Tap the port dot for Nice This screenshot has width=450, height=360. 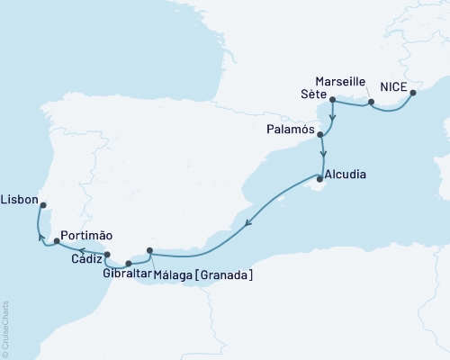click(x=413, y=91)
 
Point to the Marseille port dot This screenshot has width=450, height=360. click(x=369, y=103)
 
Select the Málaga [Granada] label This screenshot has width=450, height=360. click(x=203, y=274)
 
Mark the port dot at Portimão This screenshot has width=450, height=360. click(x=57, y=240)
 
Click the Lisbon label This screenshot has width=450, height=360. click(x=20, y=197)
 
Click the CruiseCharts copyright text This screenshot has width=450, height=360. click(x=5, y=328)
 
